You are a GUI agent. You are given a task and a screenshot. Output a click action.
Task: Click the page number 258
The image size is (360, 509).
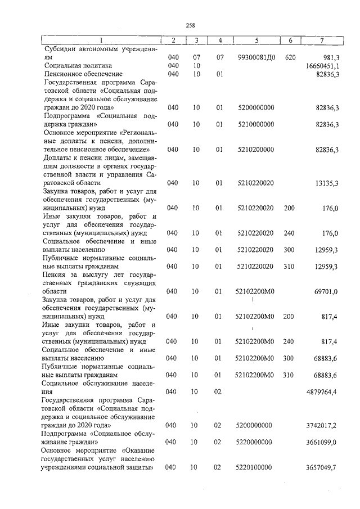click(190, 24)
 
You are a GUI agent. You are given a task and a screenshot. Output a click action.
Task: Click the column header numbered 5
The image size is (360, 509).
click(256, 40)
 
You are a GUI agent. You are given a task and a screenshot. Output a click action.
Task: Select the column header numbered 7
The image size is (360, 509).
click(321, 40)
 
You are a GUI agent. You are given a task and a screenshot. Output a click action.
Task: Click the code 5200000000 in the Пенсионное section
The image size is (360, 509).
click(255, 107)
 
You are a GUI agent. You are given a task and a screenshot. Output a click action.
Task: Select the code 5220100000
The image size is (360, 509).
click(255, 467)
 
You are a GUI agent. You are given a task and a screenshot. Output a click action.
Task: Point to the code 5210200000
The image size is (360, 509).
click(255, 150)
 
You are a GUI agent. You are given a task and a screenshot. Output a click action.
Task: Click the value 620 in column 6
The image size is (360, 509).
click(290, 57)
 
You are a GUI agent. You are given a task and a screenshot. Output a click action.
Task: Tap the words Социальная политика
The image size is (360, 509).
click(75, 66)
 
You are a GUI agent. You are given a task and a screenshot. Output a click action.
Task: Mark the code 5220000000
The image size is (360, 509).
click(255, 442)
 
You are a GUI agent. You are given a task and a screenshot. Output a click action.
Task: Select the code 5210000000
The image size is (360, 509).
click(255, 124)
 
